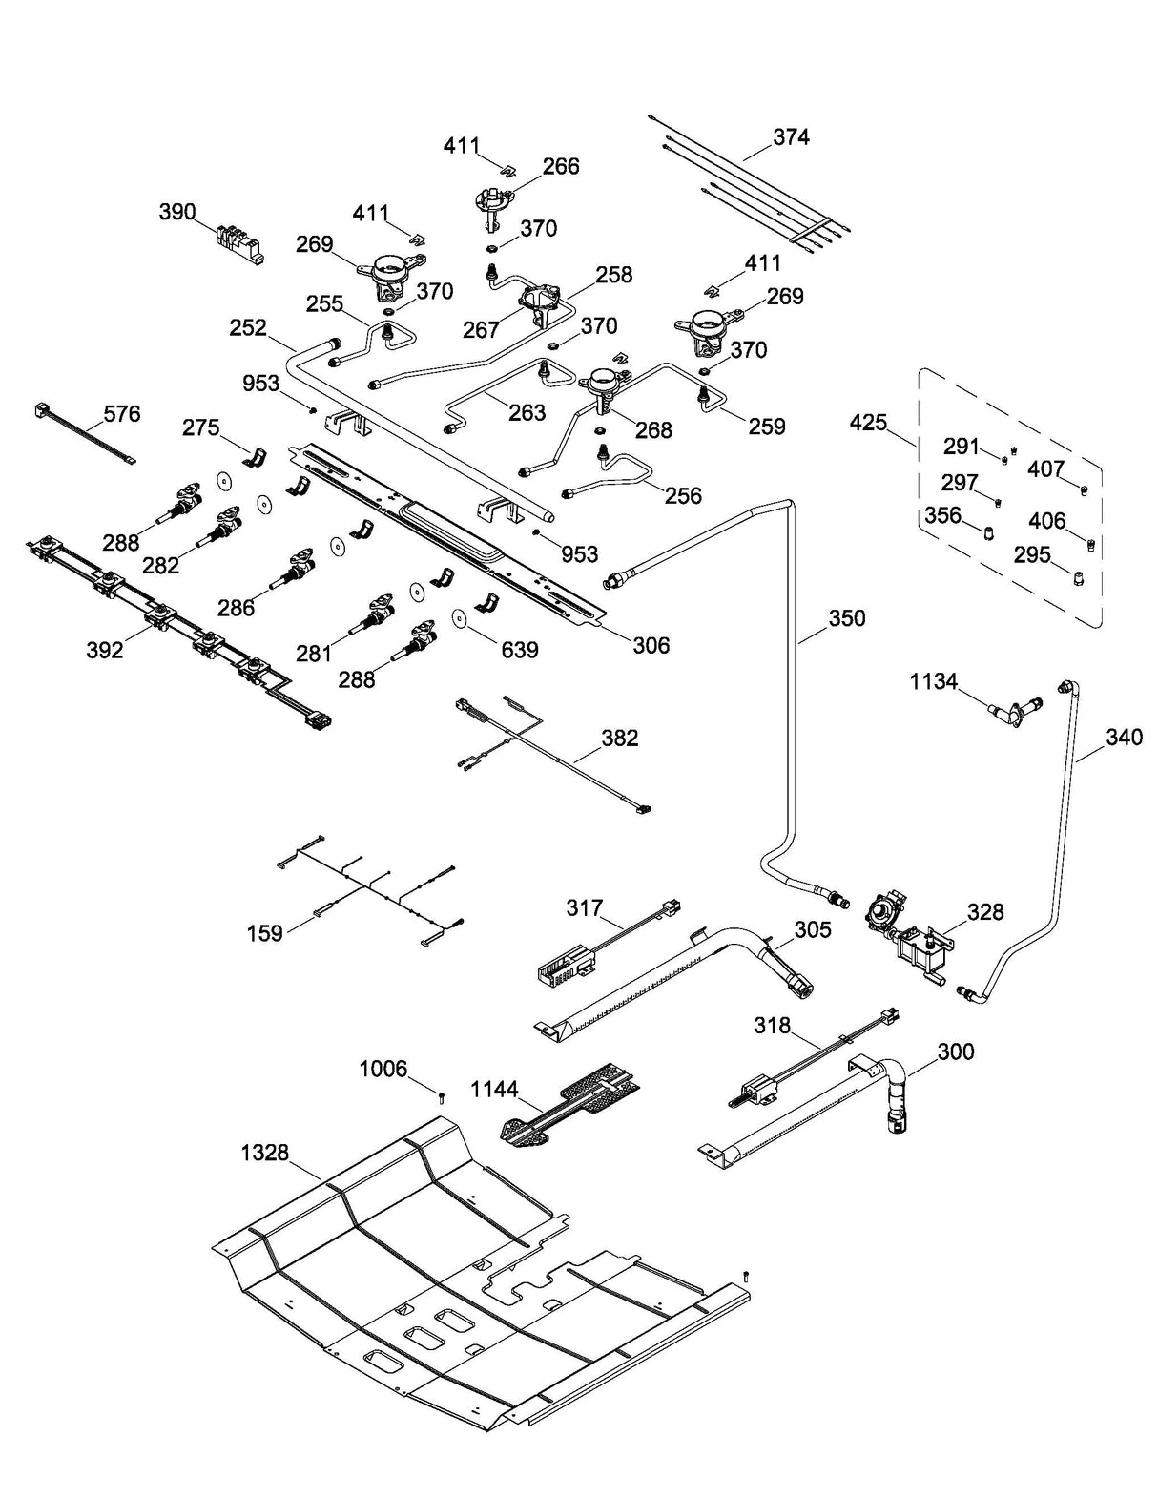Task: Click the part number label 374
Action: tap(791, 137)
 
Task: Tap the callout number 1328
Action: tap(264, 1153)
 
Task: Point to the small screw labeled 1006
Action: tap(442, 1097)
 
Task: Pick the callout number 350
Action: tap(845, 618)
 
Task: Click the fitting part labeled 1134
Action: tap(1014, 709)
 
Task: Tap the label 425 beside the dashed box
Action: tap(868, 422)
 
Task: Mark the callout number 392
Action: tap(104, 650)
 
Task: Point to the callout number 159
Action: tap(264, 932)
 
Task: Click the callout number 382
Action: tap(620, 738)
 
